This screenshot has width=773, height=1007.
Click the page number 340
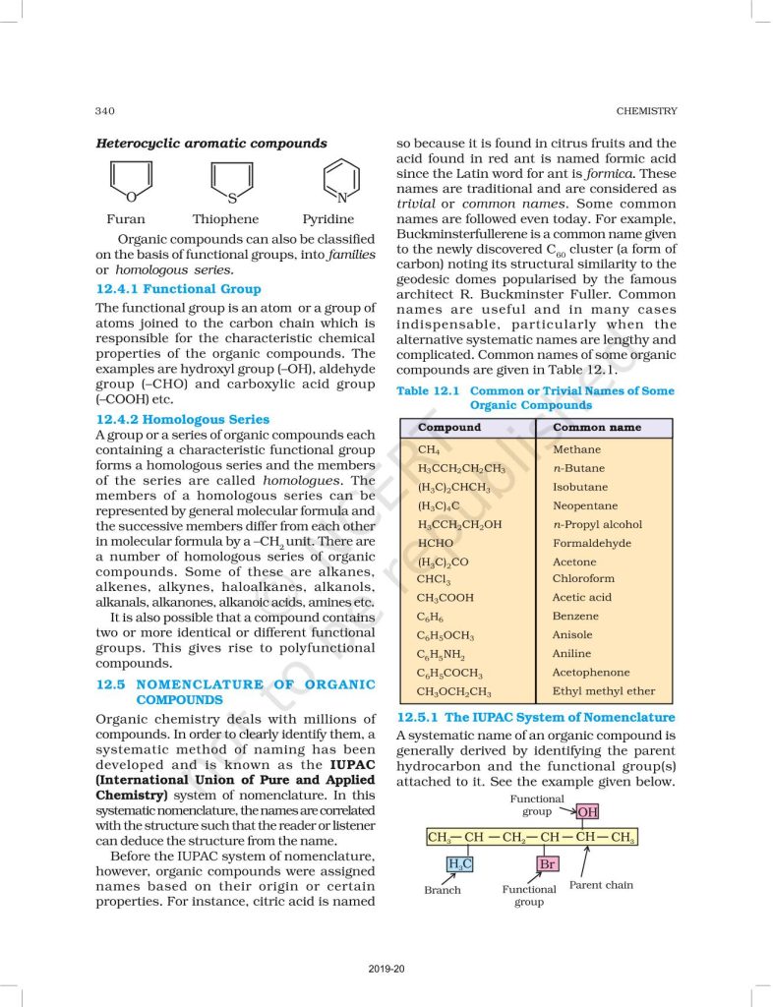tap(106, 110)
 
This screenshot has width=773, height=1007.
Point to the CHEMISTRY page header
tap(646, 110)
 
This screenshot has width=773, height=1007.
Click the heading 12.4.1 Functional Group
tap(178, 289)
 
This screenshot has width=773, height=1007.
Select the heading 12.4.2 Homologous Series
tap(182, 419)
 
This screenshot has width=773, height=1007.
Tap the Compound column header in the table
tap(449, 428)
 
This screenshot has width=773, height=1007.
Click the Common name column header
tap(596, 428)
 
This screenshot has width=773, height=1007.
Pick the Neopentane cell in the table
tap(584, 505)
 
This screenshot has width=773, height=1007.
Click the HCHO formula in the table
tap(436, 543)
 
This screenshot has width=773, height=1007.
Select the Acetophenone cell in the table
tap(592, 673)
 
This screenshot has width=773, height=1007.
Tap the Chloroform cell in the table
tap(583, 579)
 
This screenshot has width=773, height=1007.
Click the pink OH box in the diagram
tap(588, 811)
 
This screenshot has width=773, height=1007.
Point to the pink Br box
tap(548, 864)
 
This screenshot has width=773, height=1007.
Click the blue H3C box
tap(459, 864)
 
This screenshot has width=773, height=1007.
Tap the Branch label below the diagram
tap(443, 890)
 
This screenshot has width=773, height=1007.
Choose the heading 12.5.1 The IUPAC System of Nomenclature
tap(535, 718)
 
